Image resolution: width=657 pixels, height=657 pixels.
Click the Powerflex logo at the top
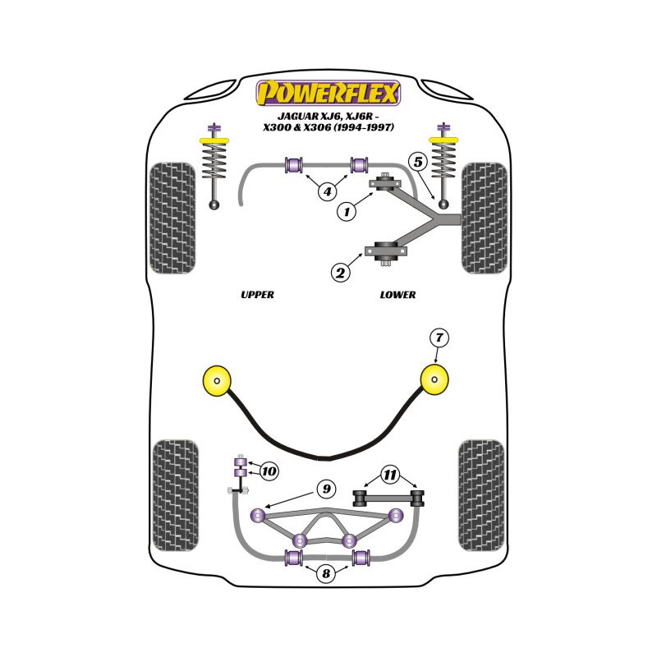(328, 92)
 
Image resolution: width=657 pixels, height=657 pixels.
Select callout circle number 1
(347, 212)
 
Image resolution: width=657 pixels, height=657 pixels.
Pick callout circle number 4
(327, 192)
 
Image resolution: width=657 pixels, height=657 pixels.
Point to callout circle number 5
(418, 162)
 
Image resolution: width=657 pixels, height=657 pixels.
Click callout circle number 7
(439, 337)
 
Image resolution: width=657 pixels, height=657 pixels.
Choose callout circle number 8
(327, 574)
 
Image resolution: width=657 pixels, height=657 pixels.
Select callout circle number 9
(326, 489)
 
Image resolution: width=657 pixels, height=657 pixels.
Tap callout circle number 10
(269, 471)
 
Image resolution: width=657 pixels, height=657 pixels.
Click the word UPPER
(257, 295)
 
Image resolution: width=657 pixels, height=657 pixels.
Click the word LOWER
(398, 295)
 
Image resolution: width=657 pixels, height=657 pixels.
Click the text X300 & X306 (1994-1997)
(328, 128)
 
